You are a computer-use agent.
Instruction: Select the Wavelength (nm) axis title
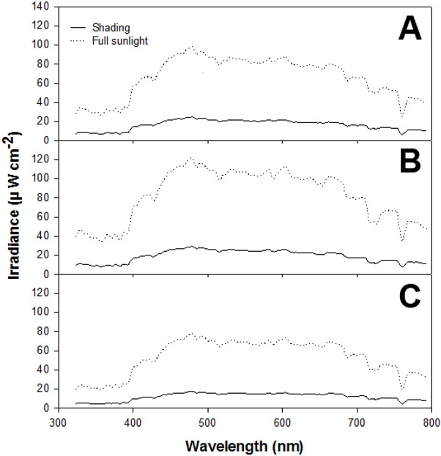[244, 445]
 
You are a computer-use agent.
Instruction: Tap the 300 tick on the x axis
[58, 422]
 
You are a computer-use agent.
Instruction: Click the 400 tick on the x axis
[133, 422]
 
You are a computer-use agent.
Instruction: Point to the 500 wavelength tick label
[207, 422]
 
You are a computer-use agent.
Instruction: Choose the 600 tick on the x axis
[282, 422]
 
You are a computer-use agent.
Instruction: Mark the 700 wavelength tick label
[357, 422]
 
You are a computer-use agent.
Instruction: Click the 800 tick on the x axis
[431, 422]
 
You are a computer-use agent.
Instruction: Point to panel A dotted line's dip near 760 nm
[402, 116]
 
